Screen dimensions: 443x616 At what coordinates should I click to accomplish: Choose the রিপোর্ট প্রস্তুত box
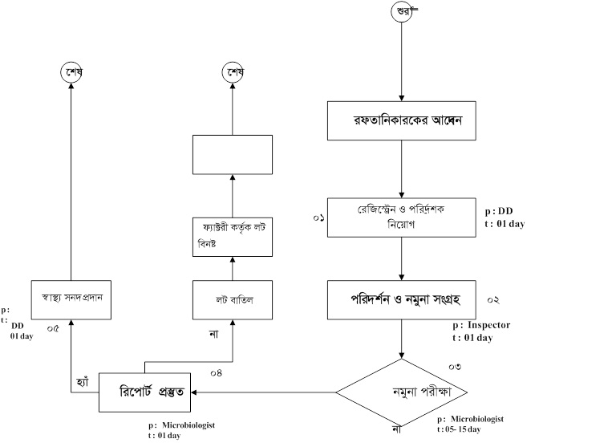tap(145, 392)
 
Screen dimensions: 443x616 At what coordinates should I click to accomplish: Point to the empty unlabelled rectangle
tap(232, 154)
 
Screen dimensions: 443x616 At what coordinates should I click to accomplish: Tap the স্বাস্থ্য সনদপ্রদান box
tap(71, 299)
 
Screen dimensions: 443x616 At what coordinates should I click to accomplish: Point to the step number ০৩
tap(455, 367)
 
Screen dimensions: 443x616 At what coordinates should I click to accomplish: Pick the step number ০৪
tap(216, 372)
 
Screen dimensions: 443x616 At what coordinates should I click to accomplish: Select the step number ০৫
tap(54, 328)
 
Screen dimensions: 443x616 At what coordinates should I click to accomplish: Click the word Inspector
tap(488, 326)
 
